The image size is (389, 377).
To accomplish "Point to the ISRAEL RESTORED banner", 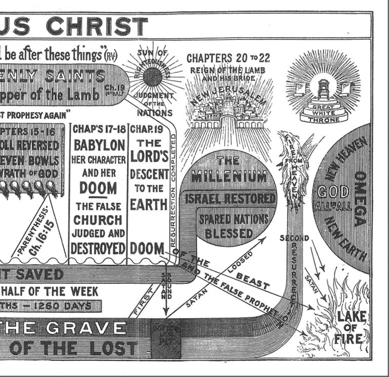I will [230, 198].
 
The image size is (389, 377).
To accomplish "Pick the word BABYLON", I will [99, 145].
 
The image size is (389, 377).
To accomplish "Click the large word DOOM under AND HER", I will [99, 188].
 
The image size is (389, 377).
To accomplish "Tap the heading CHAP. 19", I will [145, 129].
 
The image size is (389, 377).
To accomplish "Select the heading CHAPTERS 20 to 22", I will [228, 58].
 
